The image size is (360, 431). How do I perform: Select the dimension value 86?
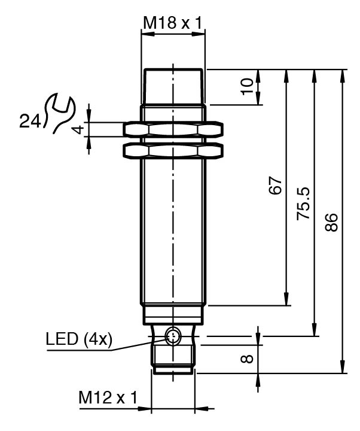click(333, 221)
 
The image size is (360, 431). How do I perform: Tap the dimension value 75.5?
click(303, 204)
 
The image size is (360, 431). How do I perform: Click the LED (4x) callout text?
click(78, 339)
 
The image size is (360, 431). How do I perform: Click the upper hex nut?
click(173, 129)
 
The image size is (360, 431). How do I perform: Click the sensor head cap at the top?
click(173, 87)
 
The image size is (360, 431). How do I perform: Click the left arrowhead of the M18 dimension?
click(144, 34)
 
